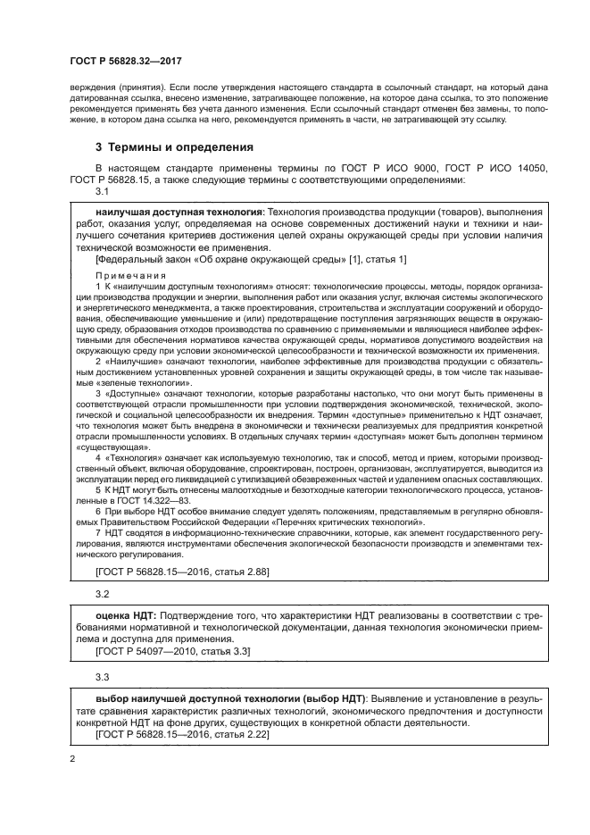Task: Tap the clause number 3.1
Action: (101, 192)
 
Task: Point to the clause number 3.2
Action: (101, 593)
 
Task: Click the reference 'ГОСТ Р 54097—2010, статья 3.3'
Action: (172, 651)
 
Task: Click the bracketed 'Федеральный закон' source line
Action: (250, 259)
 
